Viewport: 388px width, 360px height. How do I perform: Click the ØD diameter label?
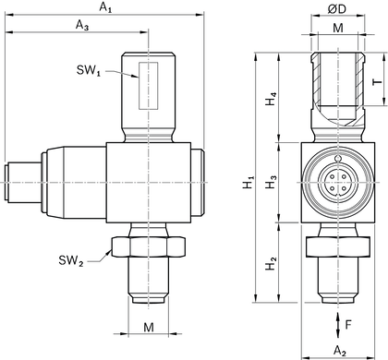337,9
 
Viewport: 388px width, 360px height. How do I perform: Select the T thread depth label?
376,81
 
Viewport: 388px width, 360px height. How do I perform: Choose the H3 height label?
270,184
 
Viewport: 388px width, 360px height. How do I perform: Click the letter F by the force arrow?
348,324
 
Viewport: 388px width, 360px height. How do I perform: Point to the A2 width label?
338,349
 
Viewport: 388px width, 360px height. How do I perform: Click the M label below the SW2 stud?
148,327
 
